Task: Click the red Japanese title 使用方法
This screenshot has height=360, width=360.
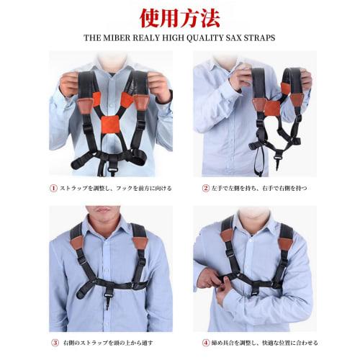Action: coord(180,16)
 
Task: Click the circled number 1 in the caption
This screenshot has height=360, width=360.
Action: coord(53,189)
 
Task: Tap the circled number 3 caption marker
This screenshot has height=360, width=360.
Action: coord(53,343)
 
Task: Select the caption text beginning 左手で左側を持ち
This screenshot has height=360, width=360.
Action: coord(263,189)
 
